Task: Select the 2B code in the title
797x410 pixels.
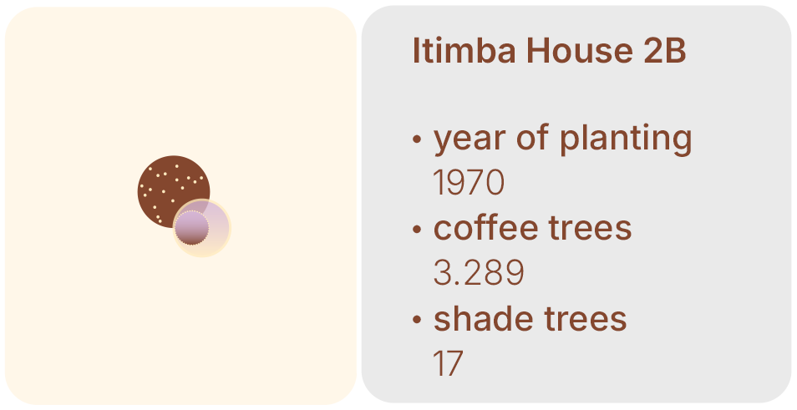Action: point(665,50)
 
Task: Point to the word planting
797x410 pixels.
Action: point(626,138)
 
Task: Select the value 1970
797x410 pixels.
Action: point(468,182)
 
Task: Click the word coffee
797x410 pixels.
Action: point(485,228)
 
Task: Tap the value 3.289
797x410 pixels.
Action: point(479,273)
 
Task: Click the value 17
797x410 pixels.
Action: point(448,363)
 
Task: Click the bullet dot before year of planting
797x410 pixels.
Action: point(417,139)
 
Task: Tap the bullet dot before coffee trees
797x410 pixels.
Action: point(417,229)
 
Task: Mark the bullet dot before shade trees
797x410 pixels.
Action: point(417,320)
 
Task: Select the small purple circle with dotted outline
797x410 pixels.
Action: point(191,228)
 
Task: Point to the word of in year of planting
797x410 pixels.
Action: point(534,137)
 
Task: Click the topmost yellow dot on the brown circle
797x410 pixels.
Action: point(177,166)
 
